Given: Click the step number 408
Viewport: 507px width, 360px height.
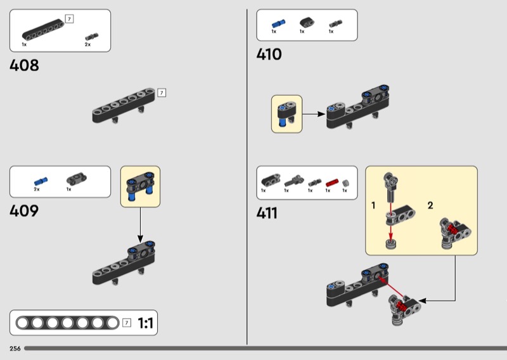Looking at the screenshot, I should click(24, 65).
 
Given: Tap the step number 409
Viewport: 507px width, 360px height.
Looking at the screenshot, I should click(24, 211).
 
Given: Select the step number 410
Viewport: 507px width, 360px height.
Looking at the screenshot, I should click(269, 55).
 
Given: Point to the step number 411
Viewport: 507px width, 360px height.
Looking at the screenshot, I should click(267, 213).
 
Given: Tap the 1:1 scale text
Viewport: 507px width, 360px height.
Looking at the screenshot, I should click(145, 324).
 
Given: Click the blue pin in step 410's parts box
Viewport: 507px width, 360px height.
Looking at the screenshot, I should click(275, 23).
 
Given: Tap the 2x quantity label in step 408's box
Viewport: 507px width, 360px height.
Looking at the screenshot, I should click(87, 45).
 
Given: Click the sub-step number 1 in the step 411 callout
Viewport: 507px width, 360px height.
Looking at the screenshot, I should click(373, 205).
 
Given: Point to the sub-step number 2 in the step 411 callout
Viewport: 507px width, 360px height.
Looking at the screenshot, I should click(430, 205).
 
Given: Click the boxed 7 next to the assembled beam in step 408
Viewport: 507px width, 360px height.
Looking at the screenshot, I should click(162, 93).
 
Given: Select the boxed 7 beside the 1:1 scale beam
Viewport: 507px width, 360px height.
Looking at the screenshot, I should click(127, 323).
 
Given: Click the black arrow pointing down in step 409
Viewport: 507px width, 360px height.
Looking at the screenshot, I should click(140, 226).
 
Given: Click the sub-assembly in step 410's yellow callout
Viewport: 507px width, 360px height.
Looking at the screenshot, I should click(286, 113).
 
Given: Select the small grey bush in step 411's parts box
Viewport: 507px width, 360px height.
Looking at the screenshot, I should click(345, 183).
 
